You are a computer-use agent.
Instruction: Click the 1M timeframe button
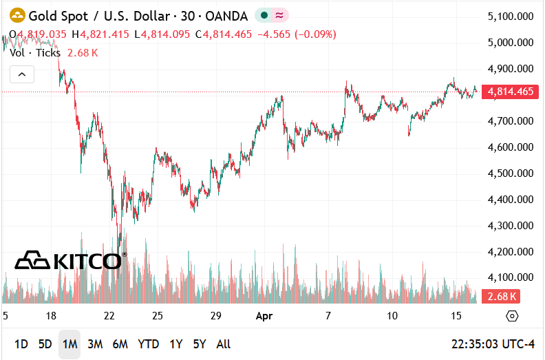point(70,344)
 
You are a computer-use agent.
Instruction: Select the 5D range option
point(45,344)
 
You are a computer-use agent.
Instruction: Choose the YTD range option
point(148,344)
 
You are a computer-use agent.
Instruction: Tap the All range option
point(223,344)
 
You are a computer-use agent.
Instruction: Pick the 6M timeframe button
point(120,344)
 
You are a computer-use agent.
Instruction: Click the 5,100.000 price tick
point(510,16)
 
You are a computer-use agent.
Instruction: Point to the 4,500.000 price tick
point(510,173)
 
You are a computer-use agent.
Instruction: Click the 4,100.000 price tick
point(510,277)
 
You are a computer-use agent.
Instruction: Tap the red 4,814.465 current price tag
point(510,92)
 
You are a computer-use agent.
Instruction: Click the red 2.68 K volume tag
point(501,297)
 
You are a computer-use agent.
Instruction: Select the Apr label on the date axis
point(265,316)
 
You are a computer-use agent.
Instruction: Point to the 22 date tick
point(109,316)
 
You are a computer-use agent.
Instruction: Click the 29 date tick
point(215,316)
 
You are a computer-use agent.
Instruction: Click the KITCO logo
point(69,260)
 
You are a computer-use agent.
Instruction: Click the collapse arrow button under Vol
point(21,74)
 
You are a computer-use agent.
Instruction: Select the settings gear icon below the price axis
point(511,316)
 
